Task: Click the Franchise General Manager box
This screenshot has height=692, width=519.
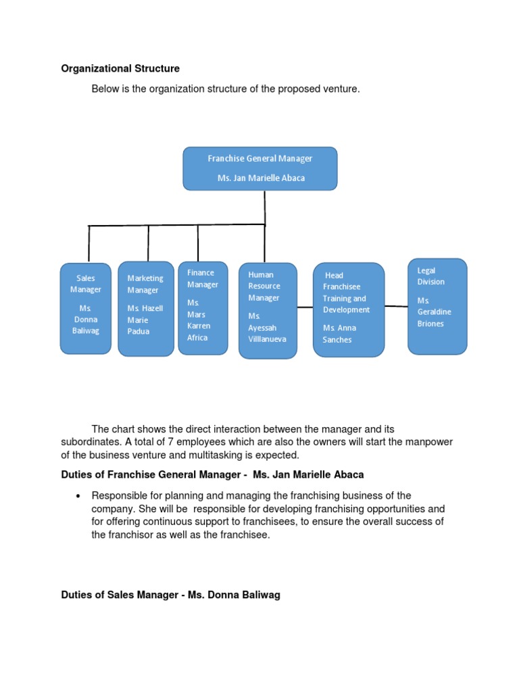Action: pos(260,168)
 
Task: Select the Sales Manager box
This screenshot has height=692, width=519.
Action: pos(85,308)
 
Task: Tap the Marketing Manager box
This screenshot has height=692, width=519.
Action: pos(145,309)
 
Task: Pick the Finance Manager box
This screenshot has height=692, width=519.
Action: pos(203,307)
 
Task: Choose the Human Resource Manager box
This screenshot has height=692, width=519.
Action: pos(268,310)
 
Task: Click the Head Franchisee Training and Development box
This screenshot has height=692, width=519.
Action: pos(349,310)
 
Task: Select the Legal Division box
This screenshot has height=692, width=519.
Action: pos(437,305)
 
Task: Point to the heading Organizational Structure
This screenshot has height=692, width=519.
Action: pos(120,68)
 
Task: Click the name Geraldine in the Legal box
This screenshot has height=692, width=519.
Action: pos(434,312)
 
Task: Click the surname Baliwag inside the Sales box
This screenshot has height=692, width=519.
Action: pos(86,331)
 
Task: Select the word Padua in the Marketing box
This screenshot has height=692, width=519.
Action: pos(139,332)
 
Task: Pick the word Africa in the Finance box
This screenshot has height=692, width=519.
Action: pos(197,338)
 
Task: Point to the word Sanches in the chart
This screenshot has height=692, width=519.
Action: pos(337,340)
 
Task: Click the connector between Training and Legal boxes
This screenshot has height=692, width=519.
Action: pos(396,306)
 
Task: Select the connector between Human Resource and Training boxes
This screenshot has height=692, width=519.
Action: pos(305,307)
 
